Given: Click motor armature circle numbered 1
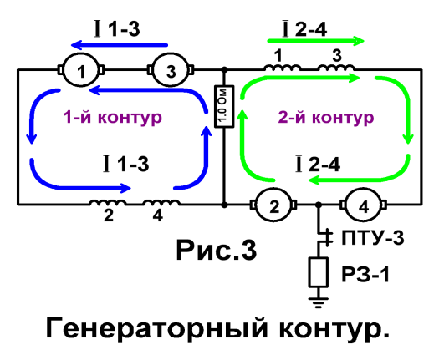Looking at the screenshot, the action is (81, 69).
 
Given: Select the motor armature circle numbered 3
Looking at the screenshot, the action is (171, 69).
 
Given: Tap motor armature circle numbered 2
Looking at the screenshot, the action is (274, 205).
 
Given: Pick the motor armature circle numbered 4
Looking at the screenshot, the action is (364, 205).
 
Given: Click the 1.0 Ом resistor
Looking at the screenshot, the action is (224, 106).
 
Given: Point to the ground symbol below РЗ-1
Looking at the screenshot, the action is (319, 302).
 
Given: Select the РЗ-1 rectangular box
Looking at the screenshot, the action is (319, 272).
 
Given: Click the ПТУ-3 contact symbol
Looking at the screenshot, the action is (324, 237).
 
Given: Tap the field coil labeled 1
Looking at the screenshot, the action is (282, 68).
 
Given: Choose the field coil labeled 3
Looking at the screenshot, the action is (336, 68).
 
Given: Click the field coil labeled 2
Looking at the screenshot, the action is (108, 202).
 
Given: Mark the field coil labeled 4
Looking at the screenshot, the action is (161, 202).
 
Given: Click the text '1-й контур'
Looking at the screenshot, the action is (113, 117).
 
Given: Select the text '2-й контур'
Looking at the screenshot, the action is (326, 117).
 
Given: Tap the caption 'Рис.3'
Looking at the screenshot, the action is (217, 250).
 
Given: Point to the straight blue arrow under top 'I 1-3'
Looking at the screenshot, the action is (119, 45).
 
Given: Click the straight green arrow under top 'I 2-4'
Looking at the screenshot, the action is (316, 41).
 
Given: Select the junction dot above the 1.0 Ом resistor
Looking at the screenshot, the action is (224, 69).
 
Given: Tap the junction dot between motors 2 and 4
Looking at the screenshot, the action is (319, 205).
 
